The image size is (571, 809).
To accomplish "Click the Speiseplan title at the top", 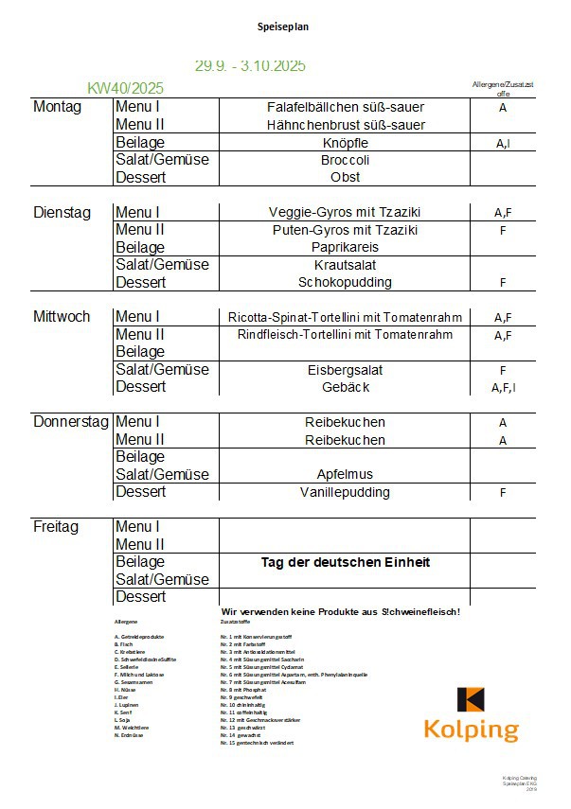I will click(283, 27).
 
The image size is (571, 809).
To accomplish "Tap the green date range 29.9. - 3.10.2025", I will click(250, 66).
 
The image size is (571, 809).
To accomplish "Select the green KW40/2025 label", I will click(125, 88).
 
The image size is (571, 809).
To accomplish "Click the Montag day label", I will click(58, 107).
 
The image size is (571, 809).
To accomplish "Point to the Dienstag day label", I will click(62, 212).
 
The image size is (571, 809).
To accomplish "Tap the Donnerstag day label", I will click(71, 422).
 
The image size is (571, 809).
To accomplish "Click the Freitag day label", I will click(56, 526).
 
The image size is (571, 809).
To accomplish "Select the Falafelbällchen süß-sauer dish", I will click(346, 107).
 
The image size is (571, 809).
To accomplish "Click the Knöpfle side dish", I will click(346, 143).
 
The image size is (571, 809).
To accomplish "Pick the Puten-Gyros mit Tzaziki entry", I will click(345, 230).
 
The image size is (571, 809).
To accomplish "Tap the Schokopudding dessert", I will click(345, 282).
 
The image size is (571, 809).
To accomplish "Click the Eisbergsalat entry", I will click(345, 370).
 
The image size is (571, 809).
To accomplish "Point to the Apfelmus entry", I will click(345, 474).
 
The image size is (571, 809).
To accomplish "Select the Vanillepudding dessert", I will click(345, 492).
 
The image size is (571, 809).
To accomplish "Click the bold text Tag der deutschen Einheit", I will click(346, 562).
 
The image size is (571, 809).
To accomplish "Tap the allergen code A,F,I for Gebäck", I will click(503, 388).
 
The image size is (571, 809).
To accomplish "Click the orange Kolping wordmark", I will click(471, 730).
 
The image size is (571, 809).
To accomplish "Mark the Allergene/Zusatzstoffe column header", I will click(503, 89).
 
